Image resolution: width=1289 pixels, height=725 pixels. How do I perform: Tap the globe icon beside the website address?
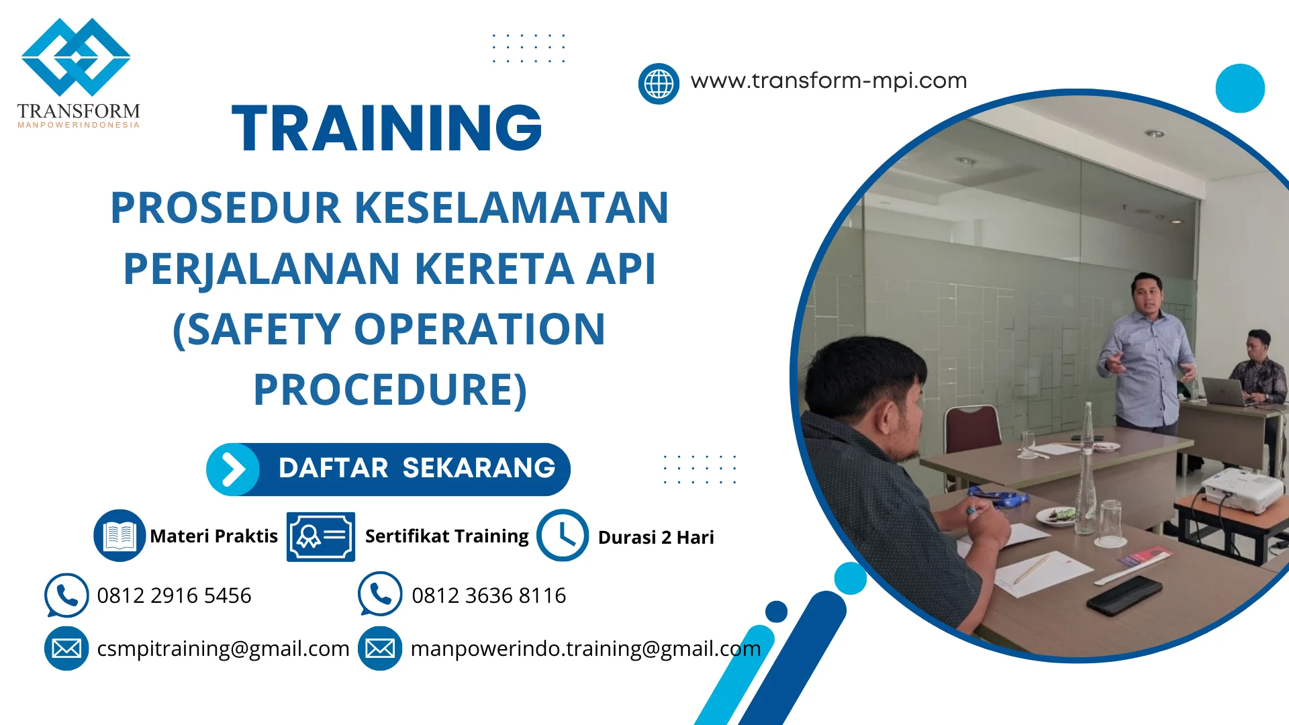pyautogui.click(x=659, y=84)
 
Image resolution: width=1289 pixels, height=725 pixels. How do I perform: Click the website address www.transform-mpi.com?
pyautogui.click(x=828, y=81)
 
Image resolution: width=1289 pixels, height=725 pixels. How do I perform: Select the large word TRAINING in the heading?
pyautogui.click(x=387, y=128)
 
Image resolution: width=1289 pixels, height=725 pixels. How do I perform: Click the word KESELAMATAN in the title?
pyautogui.click(x=511, y=207)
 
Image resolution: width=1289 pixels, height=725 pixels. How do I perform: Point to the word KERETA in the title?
pyautogui.click(x=494, y=269)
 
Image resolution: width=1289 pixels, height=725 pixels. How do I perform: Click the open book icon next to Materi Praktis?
pyautogui.click(x=120, y=536)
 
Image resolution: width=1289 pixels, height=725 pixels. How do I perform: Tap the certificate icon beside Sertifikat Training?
pyautogui.click(x=320, y=536)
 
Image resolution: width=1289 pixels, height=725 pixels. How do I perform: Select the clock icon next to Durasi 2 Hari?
pyautogui.click(x=563, y=536)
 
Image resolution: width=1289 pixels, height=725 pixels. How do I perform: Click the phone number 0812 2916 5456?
pyautogui.click(x=174, y=595)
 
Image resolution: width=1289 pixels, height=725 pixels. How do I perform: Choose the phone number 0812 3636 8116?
pyautogui.click(x=489, y=595)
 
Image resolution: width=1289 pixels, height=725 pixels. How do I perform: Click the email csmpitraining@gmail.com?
pyautogui.click(x=223, y=648)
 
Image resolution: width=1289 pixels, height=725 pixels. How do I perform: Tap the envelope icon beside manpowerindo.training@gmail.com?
pyautogui.click(x=380, y=648)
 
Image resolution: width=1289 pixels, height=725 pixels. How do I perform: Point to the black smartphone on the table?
pyautogui.click(x=1124, y=594)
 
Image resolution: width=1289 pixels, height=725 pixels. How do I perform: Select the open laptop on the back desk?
pyautogui.click(x=1223, y=391)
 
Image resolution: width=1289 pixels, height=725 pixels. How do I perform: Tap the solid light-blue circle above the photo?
pyautogui.click(x=1240, y=88)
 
